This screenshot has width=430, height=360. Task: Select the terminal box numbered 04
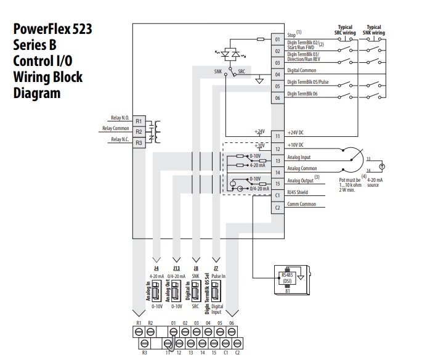point(277,75)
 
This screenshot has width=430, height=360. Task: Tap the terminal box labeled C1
point(277,195)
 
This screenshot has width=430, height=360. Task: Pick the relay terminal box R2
point(139,132)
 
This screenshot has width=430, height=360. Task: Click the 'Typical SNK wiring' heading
point(373,30)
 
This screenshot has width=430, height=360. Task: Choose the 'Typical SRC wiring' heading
point(345,30)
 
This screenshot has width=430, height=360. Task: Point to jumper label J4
point(156,268)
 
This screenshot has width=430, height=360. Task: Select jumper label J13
point(176,268)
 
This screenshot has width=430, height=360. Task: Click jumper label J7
point(216,268)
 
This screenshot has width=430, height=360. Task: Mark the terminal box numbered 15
point(277,183)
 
